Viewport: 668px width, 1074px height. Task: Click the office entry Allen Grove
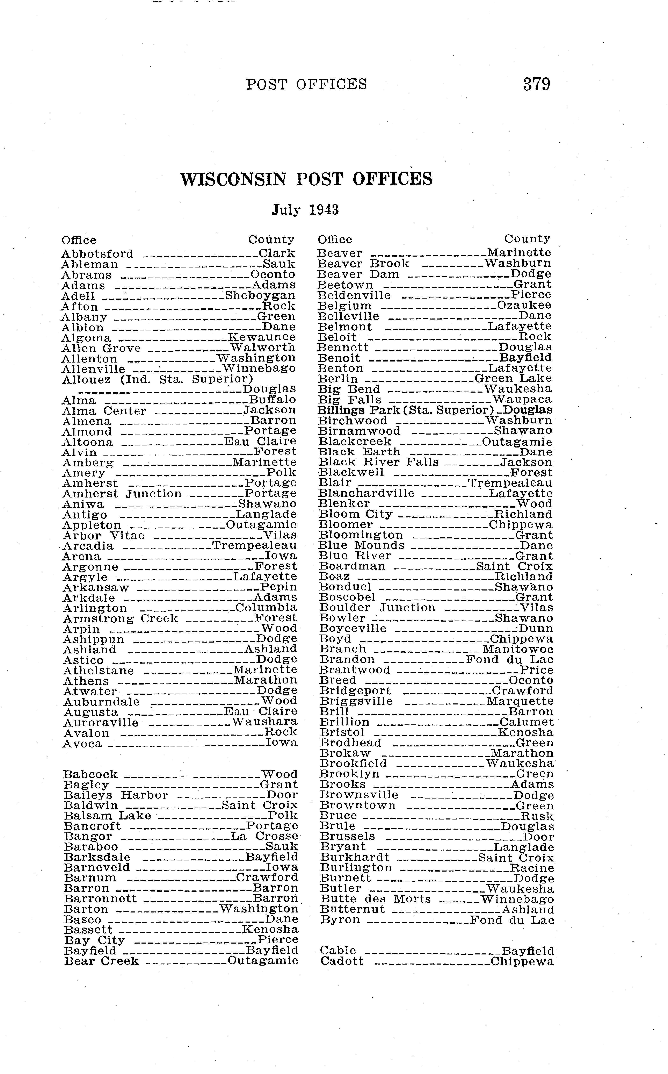tap(101, 348)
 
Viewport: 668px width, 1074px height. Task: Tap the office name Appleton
tap(92, 525)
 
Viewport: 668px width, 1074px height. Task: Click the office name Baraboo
tap(91, 847)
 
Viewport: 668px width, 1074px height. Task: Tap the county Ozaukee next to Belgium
tap(524, 305)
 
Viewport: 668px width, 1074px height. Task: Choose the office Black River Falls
tap(379, 462)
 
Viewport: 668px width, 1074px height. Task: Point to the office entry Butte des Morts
tap(375, 899)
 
